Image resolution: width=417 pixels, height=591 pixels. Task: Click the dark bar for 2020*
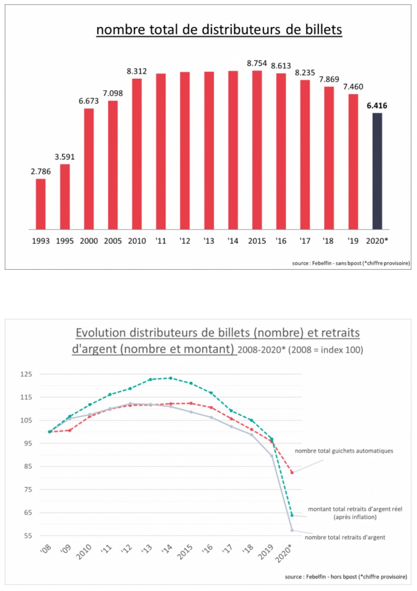click(377, 171)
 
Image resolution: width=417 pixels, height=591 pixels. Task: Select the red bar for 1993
click(41, 204)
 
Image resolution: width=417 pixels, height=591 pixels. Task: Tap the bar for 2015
click(257, 150)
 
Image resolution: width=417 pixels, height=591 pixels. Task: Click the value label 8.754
click(257, 63)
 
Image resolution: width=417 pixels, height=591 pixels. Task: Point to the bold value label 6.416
click(377, 106)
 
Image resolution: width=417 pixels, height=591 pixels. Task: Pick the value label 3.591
click(64, 157)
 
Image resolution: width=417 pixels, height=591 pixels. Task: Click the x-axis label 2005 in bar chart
click(112, 241)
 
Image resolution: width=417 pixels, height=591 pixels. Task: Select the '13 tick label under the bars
click(209, 241)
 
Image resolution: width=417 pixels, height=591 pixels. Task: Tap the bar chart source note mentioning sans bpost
click(351, 263)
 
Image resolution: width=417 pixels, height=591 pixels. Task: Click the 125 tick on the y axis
click(26, 374)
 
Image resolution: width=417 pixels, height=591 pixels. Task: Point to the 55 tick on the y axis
click(28, 536)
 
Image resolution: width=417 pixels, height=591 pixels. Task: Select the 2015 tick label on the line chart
click(185, 552)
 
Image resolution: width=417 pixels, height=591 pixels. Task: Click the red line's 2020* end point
click(292, 472)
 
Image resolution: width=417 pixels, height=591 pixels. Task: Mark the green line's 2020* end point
click(292, 515)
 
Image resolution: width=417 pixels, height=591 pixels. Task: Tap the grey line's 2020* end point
click(292, 530)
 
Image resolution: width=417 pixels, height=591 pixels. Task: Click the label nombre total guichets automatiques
click(344, 451)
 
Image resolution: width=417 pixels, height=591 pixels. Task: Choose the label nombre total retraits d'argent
click(345, 537)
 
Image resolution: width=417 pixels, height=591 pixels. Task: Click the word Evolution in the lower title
click(101, 333)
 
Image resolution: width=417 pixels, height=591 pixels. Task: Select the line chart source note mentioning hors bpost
click(346, 577)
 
